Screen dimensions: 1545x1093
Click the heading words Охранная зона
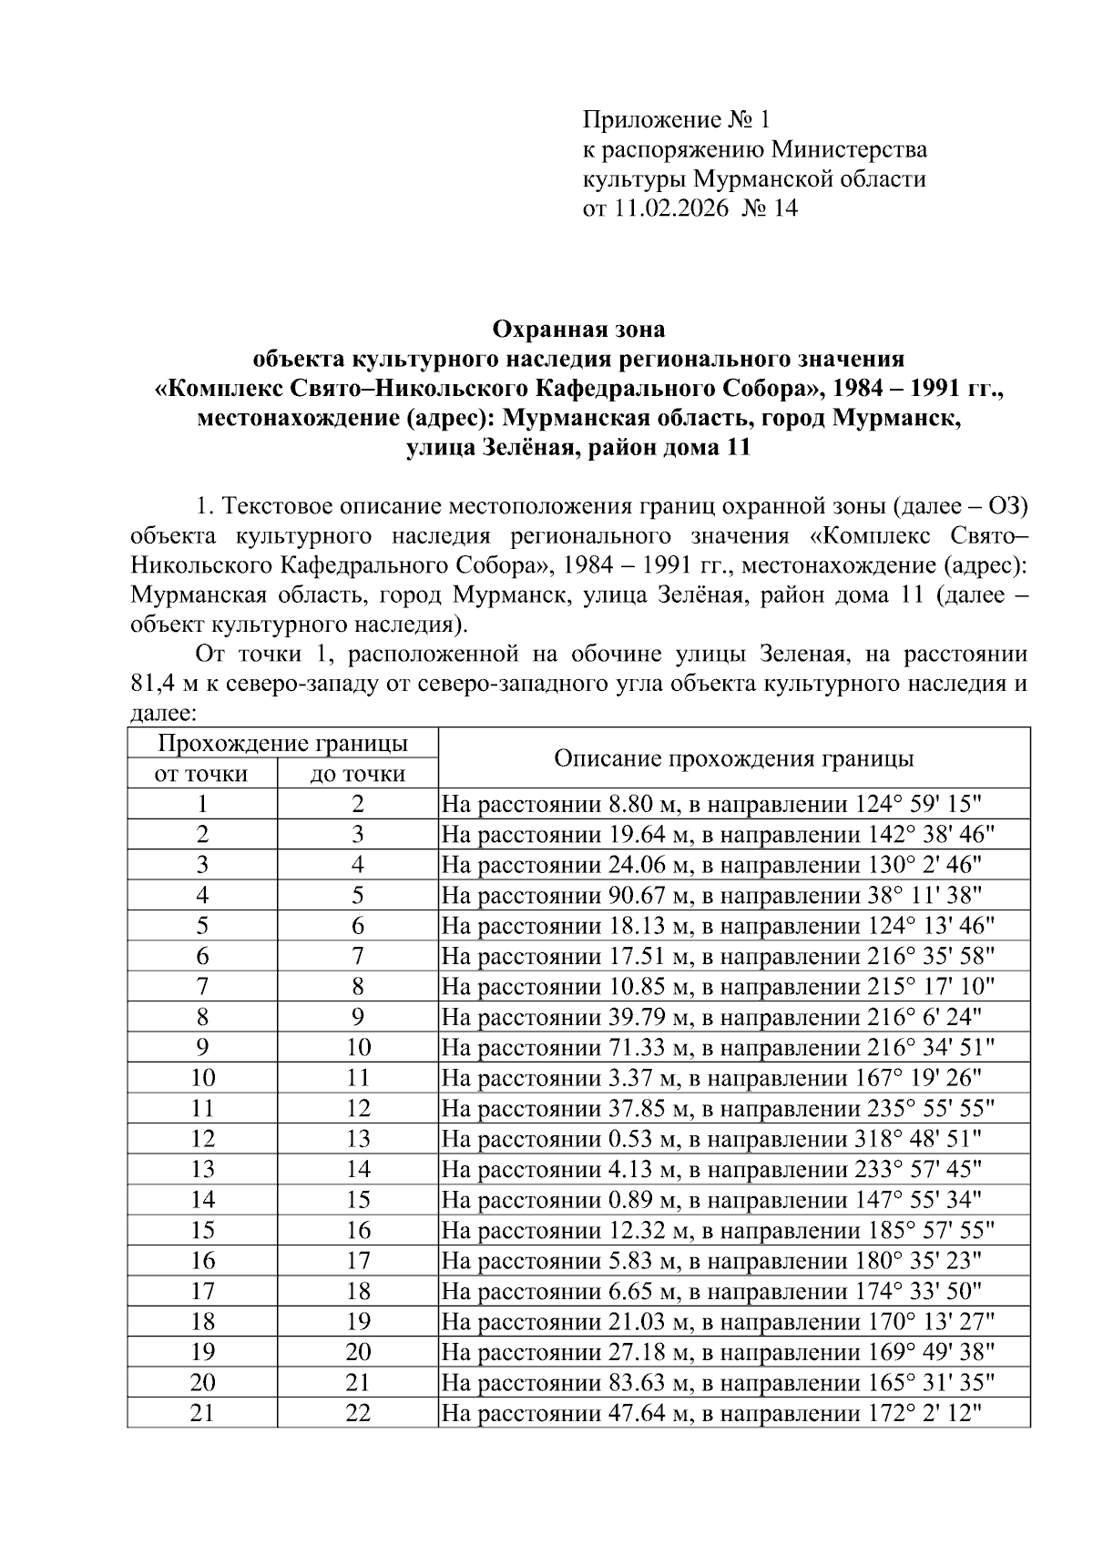[x=578, y=328]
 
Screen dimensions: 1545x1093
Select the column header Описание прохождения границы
[x=734, y=758]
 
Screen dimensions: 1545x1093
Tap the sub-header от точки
[x=202, y=774]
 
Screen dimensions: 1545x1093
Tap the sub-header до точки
[x=358, y=774]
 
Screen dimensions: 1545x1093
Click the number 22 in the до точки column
[x=358, y=1414]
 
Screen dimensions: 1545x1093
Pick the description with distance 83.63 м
[x=718, y=1383]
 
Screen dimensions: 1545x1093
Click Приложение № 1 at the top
[x=676, y=119]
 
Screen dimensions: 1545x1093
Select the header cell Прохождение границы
[x=282, y=743]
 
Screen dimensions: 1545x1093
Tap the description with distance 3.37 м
[x=711, y=1079]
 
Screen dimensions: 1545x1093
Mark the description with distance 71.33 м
[x=718, y=1048]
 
